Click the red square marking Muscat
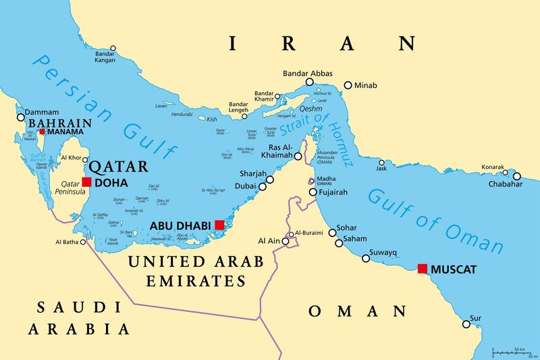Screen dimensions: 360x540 423,269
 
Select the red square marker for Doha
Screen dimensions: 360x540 86,181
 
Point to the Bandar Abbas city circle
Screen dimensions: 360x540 309,82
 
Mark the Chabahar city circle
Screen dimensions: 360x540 517,176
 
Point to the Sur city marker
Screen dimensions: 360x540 466,324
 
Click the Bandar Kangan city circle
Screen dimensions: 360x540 113,48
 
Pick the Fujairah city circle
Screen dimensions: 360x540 313,192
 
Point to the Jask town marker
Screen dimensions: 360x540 381,163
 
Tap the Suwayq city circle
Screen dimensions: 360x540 366,257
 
